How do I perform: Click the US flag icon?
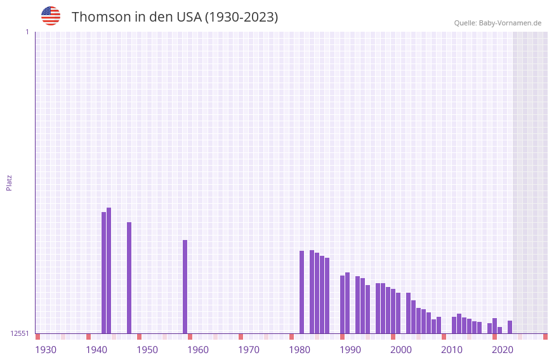(51, 16)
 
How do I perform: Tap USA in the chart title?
(188, 17)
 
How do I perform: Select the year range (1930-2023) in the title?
(241, 17)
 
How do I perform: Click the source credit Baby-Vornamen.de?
(498, 23)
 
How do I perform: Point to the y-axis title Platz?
(9, 182)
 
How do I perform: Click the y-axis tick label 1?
(27, 32)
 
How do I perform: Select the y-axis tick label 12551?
(19, 333)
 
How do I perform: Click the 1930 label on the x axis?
(46, 349)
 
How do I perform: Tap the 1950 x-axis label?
(147, 349)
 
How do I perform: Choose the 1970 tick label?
(249, 349)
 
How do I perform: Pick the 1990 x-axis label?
(350, 349)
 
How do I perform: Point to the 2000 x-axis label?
(401, 349)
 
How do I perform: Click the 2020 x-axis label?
(503, 349)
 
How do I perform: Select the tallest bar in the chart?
(109, 270)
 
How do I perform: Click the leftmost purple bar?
(104, 272)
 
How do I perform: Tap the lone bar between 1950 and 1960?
(185, 286)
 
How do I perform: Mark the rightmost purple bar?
(510, 327)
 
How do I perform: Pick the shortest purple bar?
(500, 330)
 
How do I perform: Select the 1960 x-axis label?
(198, 349)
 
